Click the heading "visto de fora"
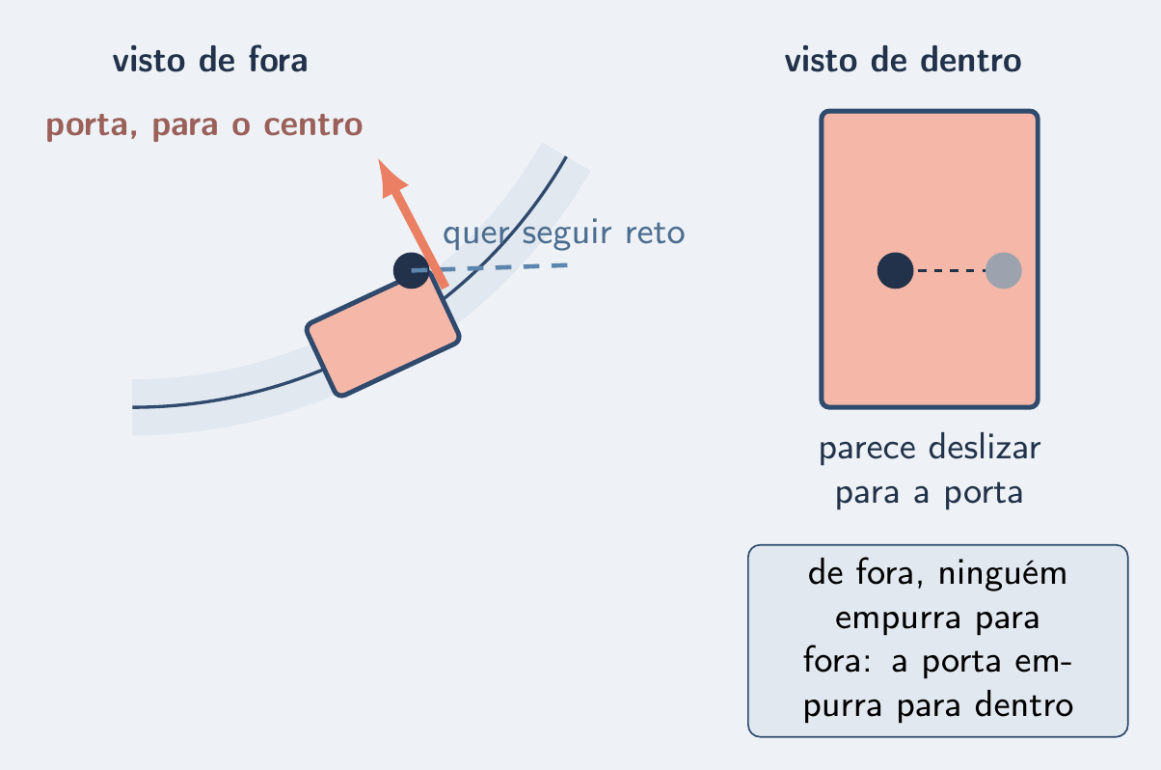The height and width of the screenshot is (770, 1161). coord(210,60)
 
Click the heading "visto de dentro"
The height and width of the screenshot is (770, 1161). coord(903,60)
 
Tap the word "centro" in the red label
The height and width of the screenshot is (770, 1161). coord(313,125)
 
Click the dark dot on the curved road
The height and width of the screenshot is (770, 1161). coord(411,270)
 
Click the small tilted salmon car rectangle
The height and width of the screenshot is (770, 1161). coord(383,337)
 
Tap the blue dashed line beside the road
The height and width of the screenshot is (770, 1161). coord(489,267)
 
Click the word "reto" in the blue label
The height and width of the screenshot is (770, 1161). coord(655,233)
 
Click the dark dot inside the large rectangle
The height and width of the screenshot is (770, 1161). coord(895,270)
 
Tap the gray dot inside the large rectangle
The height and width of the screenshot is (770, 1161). coord(1004,270)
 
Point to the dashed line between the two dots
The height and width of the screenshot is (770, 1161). coord(950,270)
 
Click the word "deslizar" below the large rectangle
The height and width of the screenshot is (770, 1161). coord(985,448)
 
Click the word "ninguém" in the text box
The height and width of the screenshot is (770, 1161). coord(1003,575)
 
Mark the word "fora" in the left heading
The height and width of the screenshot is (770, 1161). coord(278,60)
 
